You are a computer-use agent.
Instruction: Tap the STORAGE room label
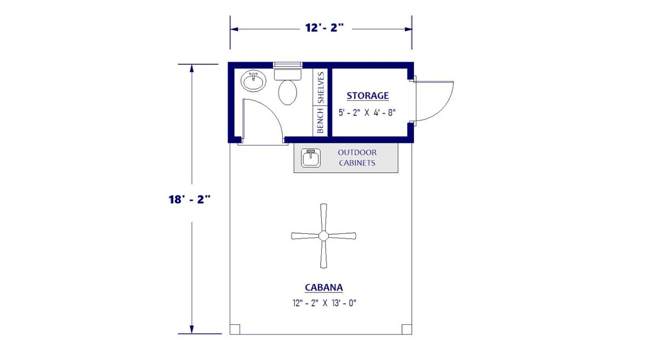coord(368,96)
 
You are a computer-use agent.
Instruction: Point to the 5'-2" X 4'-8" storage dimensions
coord(368,113)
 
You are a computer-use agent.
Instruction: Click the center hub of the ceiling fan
coord(323,235)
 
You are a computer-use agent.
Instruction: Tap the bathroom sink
coord(253,82)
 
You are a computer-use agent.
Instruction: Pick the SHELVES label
coord(321,87)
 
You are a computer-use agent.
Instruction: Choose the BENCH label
coord(321,120)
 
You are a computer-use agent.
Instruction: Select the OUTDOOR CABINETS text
coord(357,158)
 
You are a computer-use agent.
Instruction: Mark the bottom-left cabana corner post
coord(235,329)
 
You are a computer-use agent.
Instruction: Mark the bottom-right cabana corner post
coord(406,329)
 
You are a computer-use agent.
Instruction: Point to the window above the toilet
coord(288,64)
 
